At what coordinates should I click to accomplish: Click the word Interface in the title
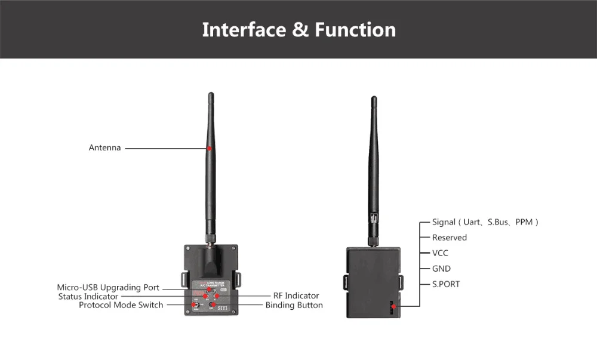tap(244, 29)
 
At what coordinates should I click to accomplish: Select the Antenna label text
tap(104, 147)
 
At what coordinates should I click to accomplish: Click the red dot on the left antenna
tap(210, 147)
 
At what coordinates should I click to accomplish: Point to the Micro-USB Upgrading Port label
tap(108, 287)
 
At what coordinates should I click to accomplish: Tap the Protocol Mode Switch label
tap(121, 305)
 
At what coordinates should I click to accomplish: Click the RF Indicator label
tap(296, 296)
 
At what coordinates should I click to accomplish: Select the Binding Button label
tap(294, 305)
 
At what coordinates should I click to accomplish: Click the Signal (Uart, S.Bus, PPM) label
tap(485, 222)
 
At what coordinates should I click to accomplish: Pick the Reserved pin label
tap(450, 238)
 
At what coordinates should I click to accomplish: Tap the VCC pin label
tap(441, 253)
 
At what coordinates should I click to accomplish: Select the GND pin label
tap(442, 269)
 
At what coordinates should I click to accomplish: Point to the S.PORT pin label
tap(446, 284)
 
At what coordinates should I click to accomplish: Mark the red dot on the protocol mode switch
tap(195, 305)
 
